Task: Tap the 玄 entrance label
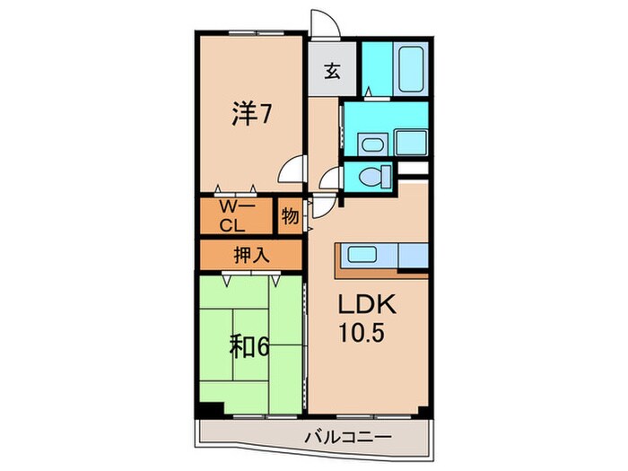pyautogui.click(x=331, y=71)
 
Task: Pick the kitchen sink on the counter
pyautogui.click(x=364, y=255)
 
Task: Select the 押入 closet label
pyautogui.click(x=251, y=254)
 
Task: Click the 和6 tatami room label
pyautogui.click(x=249, y=346)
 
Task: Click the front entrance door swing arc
pyautogui.click(x=322, y=24)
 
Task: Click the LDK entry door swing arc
pyautogui.click(x=323, y=205)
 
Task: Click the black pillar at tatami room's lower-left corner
pyautogui.click(x=207, y=409)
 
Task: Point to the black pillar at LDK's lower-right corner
pyautogui.click(x=420, y=409)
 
